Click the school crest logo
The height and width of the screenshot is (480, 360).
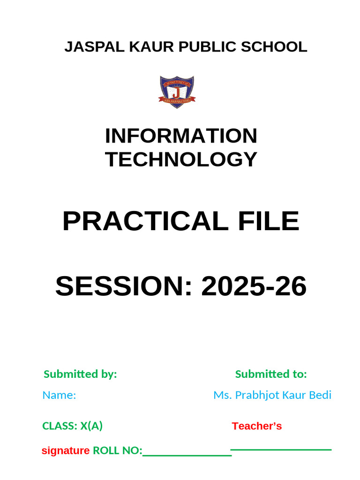click(177, 92)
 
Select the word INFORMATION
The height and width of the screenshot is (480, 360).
click(181, 136)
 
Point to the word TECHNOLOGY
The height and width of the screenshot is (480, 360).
click(181, 159)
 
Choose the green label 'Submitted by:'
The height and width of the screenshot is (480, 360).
click(80, 374)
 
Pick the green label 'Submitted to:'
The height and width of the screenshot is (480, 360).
click(271, 374)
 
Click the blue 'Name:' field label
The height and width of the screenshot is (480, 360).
click(59, 395)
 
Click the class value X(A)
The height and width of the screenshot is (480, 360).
click(91, 426)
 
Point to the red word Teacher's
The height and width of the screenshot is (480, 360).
click(257, 426)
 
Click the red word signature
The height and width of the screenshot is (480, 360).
click(66, 451)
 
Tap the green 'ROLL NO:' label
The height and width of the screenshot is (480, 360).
click(118, 451)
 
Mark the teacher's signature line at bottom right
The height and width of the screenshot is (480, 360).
click(281, 450)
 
